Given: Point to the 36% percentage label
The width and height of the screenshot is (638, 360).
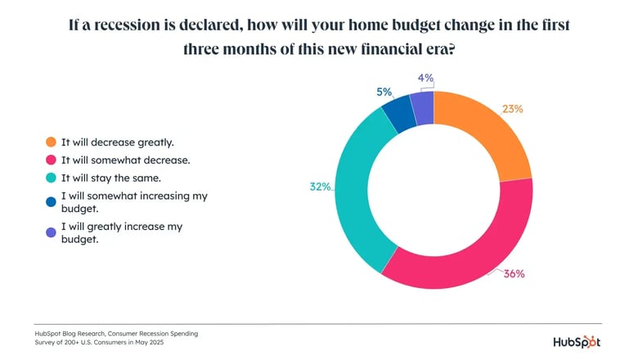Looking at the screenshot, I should (x=514, y=273).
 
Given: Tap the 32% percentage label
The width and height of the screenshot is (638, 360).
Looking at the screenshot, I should (x=320, y=187).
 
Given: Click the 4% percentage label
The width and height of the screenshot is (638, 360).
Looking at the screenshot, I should (x=425, y=79).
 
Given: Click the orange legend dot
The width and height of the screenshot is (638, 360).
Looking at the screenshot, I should (x=52, y=142).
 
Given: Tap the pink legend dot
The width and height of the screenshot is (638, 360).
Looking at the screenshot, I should (x=52, y=161).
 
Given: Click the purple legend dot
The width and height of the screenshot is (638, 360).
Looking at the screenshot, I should (x=52, y=232).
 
